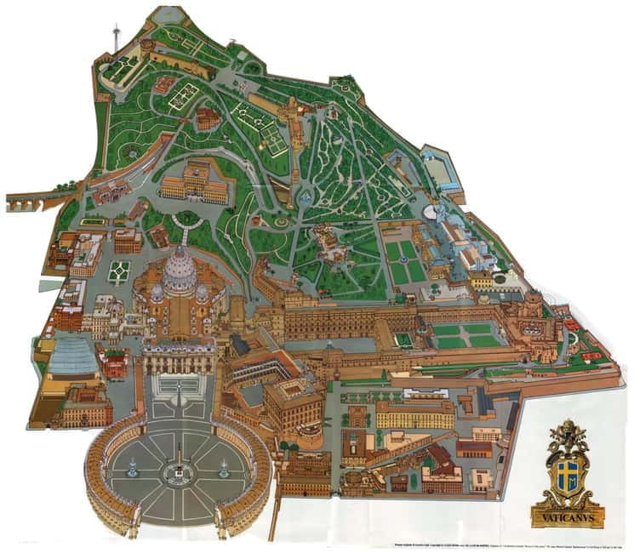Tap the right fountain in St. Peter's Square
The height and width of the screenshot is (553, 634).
tap(224, 465)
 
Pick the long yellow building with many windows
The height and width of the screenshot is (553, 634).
tap(414, 414)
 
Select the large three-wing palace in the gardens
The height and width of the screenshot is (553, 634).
tap(194, 180)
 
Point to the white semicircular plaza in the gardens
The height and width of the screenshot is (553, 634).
tap(439, 213)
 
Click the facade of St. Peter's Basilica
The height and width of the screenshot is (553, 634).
tap(179, 356)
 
